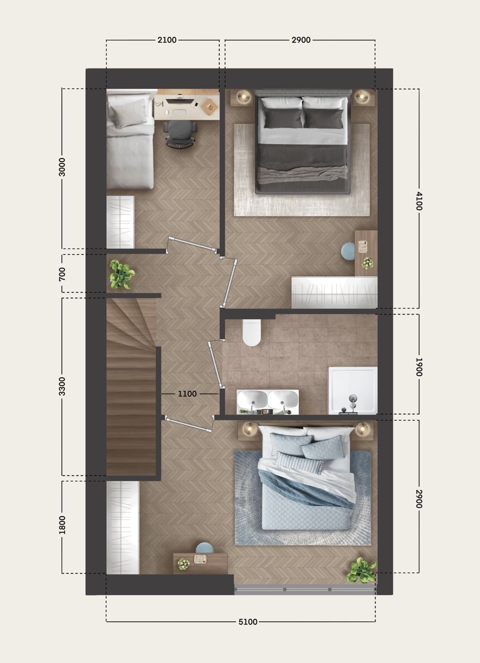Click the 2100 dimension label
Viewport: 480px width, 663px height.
tap(167, 40)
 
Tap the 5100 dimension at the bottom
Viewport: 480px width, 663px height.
tap(248, 622)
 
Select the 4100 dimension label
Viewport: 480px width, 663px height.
tap(419, 201)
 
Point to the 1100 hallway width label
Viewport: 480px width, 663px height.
tap(187, 394)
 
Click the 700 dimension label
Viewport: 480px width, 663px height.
tap(62, 274)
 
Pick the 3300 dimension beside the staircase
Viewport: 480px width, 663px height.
tap(62, 386)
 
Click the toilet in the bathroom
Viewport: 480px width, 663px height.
tap(252, 332)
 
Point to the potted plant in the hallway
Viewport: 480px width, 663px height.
tap(121, 274)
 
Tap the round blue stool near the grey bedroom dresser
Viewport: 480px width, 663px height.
tap(348, 251)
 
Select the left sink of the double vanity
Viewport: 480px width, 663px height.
tap(252, 399)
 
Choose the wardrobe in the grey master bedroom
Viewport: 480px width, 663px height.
tap(334, 292)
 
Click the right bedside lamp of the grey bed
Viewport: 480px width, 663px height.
tap(362, 96)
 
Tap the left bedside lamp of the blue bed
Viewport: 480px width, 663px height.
tap(249, 429)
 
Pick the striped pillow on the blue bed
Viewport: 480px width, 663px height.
tap(299, 463)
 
